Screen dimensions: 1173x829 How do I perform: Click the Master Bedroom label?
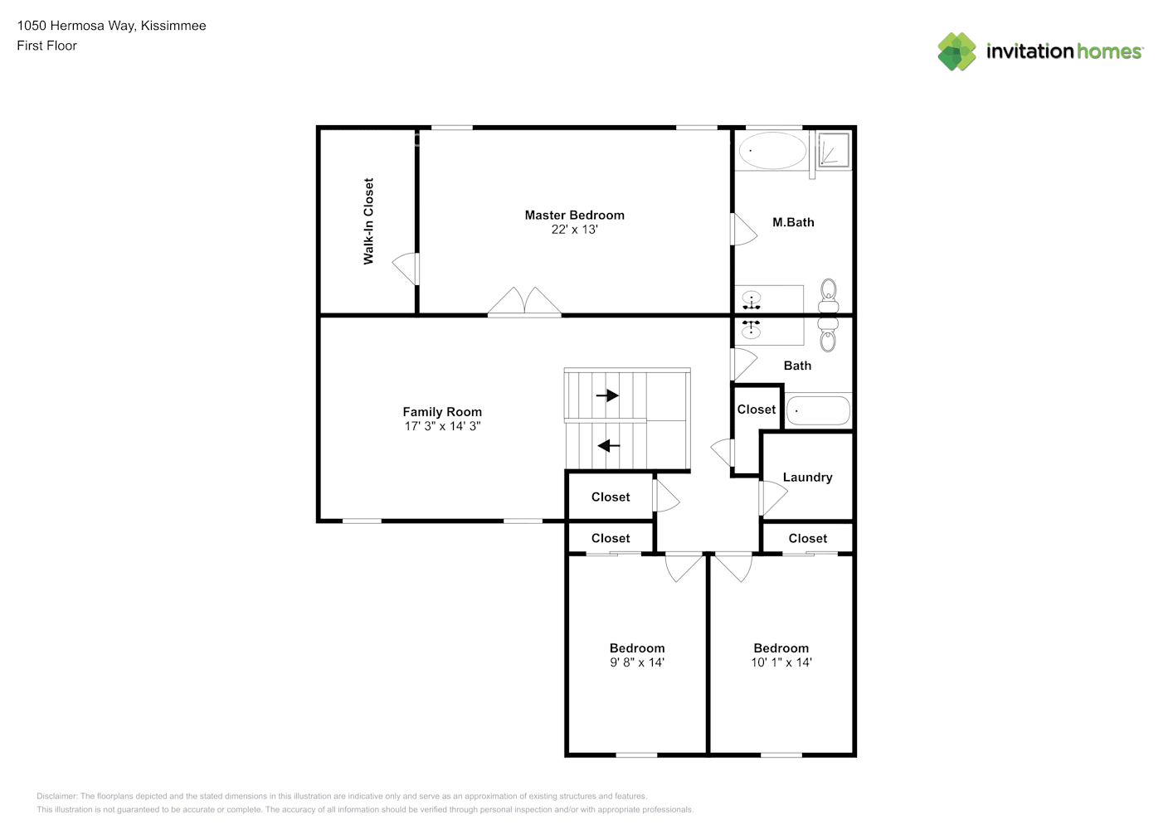point(574,215)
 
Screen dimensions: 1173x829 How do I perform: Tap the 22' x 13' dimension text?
point(574,230)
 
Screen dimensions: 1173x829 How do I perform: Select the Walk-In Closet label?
point(368,221)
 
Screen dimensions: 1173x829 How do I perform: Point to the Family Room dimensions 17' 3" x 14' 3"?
point(442,426)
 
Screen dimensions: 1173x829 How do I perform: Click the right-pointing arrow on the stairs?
point(607,395)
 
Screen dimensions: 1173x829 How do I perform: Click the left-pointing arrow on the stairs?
point(609,446)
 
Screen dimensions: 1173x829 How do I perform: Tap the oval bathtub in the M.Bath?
point(772,151)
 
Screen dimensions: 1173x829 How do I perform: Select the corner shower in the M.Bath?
point(834,150)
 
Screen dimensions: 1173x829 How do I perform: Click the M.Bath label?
point(793,222)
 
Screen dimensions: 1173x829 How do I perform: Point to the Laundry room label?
point(807,478)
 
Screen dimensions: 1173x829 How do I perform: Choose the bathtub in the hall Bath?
point(818,411)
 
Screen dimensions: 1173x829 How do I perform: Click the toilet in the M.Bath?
point(829,296)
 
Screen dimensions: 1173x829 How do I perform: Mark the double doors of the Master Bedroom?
point(524,302)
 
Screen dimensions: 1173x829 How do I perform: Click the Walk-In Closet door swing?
point(406,269)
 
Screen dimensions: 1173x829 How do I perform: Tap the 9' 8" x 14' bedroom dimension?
point(637,662)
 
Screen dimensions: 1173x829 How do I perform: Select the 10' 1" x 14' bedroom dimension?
point(781,662)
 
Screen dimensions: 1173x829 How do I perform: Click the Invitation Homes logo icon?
point(956,51)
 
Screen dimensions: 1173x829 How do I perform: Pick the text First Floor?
point(46,46)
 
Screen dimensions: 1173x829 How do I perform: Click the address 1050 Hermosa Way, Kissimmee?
point(111,26)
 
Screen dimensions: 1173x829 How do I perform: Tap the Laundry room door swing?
point(773,497)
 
